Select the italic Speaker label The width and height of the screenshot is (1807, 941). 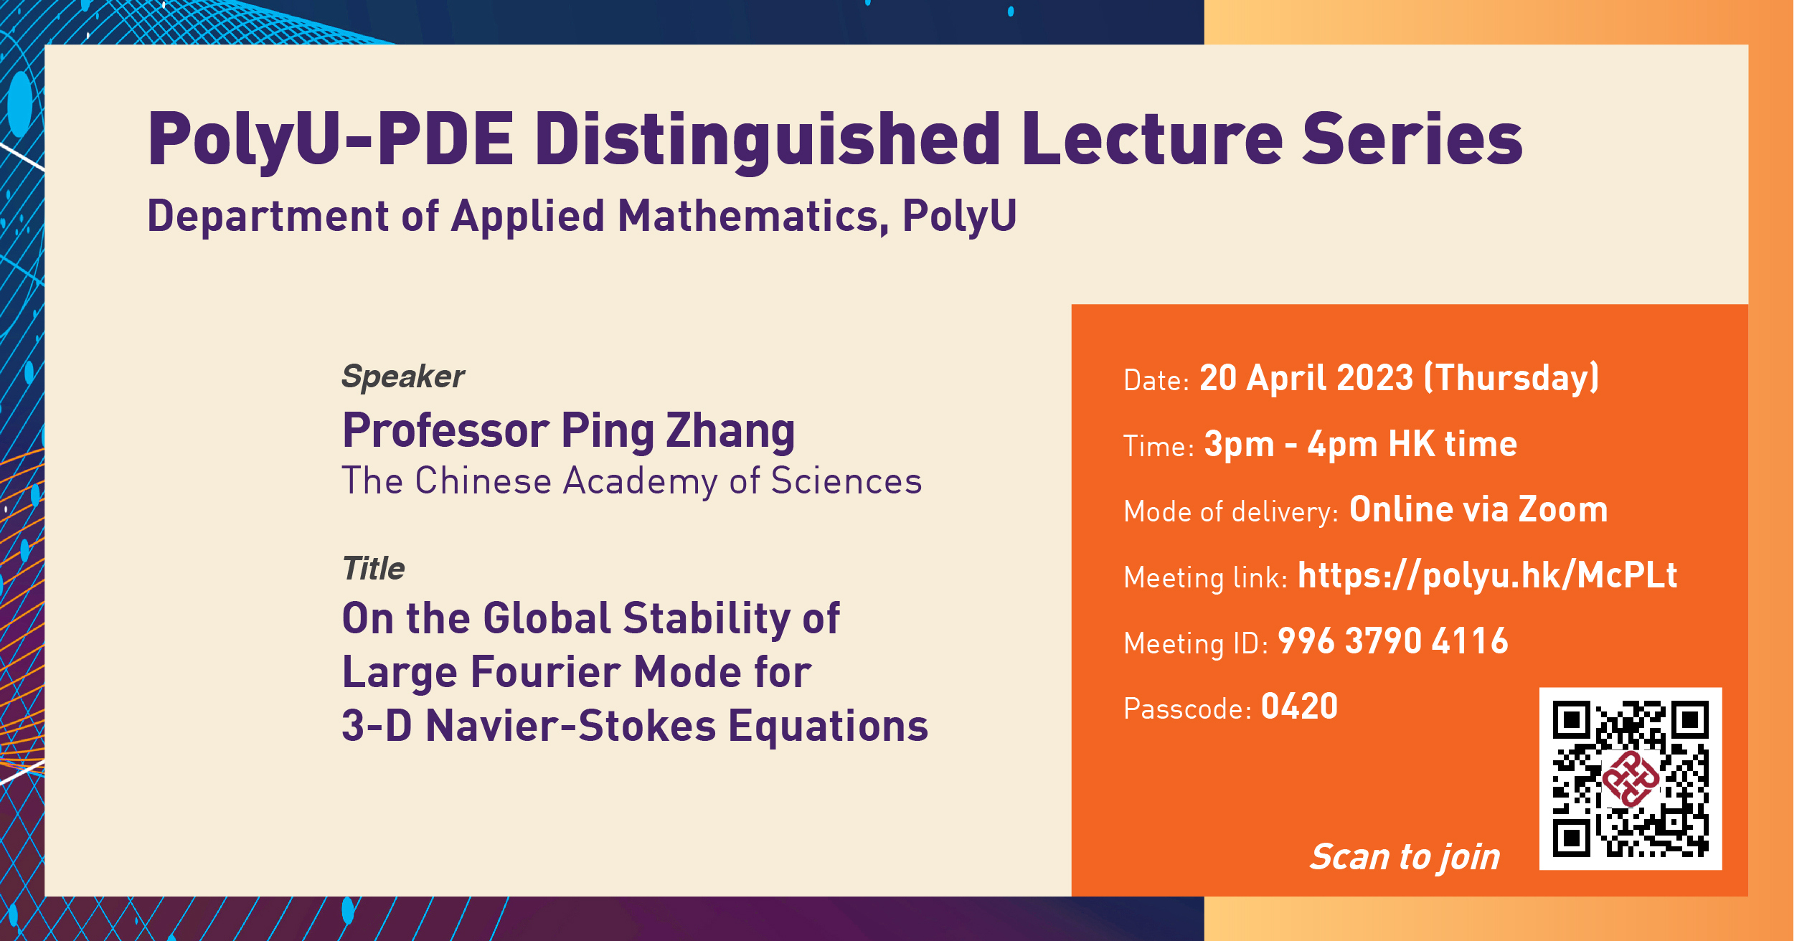pyautogui.click(x=402, y=377)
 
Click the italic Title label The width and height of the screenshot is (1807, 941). pyautogui.click(x=373, y=569)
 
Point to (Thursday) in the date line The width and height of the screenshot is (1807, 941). pyautogui.click(x=1511, y=378)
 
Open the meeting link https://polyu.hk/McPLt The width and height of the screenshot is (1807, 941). pyautogui.click(x=1487, y=575)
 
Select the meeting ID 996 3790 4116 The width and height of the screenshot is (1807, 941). pyautogui.click(x=1392, y=641)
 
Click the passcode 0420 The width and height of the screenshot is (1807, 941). pyautogui.click(x=1299, y=707)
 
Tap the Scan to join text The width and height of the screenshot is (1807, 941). pyautogui.click(x=1405, y=856)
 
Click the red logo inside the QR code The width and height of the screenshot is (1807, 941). pyautogui.click(x=1631, y=780)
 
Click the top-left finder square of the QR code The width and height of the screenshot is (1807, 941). pyautogui.click(x=1571, y=719)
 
